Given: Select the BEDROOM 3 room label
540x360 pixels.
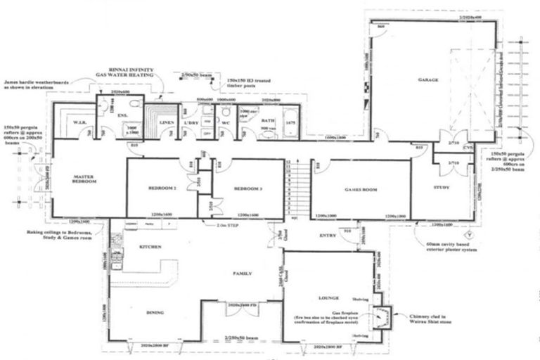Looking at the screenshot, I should point(248,189).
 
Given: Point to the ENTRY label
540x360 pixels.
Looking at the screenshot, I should point(328,236).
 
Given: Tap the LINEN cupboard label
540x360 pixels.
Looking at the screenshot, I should point(167,123).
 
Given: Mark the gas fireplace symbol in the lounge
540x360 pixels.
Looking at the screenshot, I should point(381,319).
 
